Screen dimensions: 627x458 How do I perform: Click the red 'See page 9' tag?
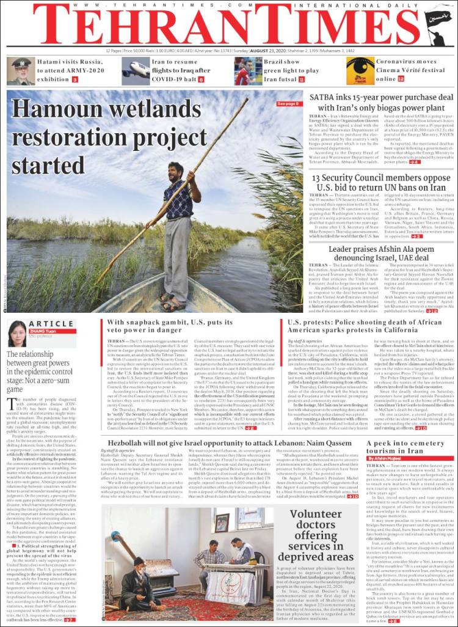(288, 104)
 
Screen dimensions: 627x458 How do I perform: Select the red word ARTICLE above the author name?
(51, 324)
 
